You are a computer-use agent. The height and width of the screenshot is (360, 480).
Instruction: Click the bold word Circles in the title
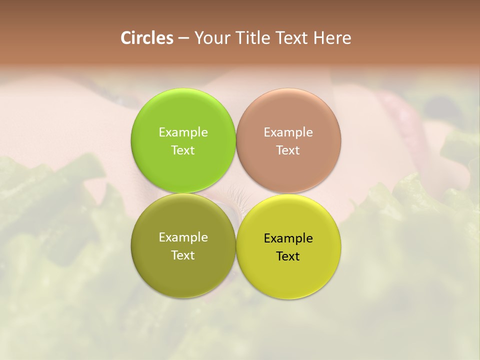[146, 38]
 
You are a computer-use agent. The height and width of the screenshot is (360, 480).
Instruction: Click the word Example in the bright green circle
[183, 132]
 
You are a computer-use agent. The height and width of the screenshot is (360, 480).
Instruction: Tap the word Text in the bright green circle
[183, 150]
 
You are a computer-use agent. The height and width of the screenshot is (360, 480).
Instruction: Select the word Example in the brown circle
[288, 132]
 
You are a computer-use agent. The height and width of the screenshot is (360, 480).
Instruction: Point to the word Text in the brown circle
[288, 150]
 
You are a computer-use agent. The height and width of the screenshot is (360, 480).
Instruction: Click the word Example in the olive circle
[183, 237]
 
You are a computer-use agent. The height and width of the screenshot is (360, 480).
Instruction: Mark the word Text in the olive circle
[183, 255]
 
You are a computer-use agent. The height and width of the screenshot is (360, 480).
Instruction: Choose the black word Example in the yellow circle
[288, 238]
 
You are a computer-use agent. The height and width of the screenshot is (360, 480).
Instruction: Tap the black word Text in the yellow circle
[288, 256]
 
